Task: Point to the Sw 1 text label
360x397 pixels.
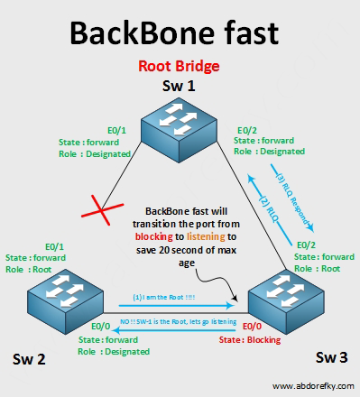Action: coord(180,86)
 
